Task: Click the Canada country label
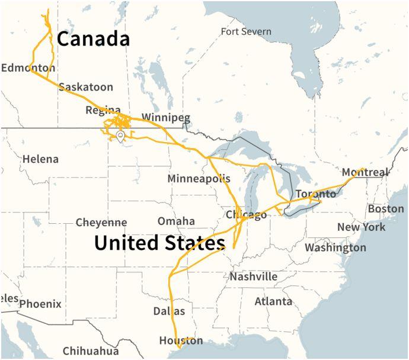tap(93, 39)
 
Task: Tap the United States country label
tap(159, 243)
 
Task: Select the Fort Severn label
tap(245, 31)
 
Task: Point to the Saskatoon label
tap(85, 87)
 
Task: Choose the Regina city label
tap(103, 110)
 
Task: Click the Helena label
tap(40, 159)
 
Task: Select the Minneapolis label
tap(199, 178)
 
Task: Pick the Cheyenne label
tap(101, 223)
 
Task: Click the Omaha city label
tap(176, 221)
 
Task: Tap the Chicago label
tap(246, 215)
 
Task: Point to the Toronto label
tap(315, 194)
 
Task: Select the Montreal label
tap(366, 172)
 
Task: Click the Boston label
tap(385, 209)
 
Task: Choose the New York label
tap(361, 227)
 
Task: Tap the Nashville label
tap(254, 277)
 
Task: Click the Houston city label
tap(181, 340)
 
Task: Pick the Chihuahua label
tap(91, 350)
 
